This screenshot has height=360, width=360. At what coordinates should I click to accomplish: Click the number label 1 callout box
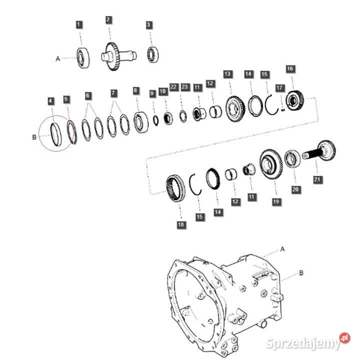79,24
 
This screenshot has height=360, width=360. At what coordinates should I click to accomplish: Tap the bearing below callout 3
152,53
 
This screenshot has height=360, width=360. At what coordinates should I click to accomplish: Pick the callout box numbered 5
66,100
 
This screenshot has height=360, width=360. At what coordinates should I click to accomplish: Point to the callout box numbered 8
136,90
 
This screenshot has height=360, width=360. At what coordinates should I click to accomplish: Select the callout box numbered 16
289,68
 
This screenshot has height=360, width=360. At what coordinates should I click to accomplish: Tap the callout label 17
280,88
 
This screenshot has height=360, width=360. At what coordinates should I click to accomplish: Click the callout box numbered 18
181,225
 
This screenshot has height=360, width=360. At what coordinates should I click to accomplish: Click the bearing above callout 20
292,159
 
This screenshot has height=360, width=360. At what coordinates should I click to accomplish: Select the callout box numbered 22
173,86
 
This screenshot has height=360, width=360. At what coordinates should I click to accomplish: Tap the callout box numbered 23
184,86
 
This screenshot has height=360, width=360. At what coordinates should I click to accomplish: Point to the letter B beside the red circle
33,135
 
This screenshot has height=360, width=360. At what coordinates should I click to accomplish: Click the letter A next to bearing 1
57,58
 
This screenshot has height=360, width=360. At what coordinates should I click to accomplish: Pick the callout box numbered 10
163,91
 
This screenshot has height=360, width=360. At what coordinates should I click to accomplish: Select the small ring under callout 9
155,120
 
